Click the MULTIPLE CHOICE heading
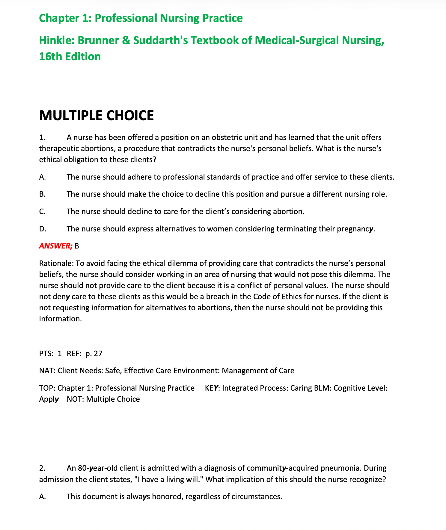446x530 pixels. (x=96, y=116)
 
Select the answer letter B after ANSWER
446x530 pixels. (x=77, y=246)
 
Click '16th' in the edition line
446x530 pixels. (x=50, y=56)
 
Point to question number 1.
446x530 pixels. (x=42, y=138)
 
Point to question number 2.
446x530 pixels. (x=42, y=468)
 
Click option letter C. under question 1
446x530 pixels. (x=42, y=212)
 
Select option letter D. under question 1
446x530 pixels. (x=43, y=229)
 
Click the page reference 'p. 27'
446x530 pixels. (x=94, y=354)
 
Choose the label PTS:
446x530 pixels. (x=46, y=354)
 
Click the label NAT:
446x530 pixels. (x=47, y=371)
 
